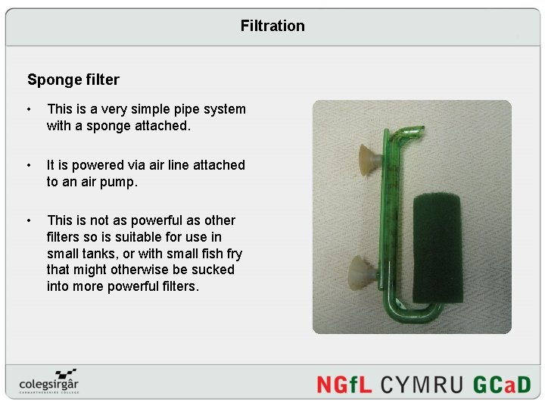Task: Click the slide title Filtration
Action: (x=272, y=26)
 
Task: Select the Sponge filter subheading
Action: (x=73, y=79)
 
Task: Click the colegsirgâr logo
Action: (x=50, y=382)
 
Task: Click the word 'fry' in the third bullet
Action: (x=231, y=253)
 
